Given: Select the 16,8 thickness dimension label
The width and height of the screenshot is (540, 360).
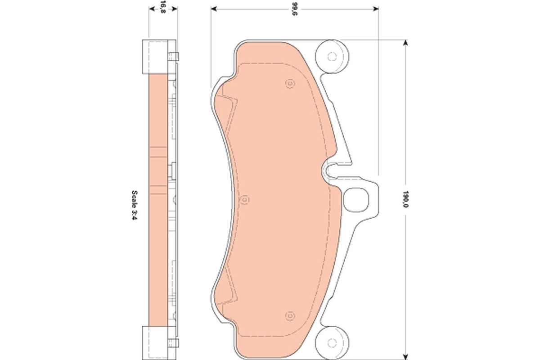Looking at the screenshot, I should click(162, 7).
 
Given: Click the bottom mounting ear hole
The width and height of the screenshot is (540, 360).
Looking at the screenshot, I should click(332, 340).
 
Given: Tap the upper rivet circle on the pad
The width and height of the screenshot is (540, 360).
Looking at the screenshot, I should click(289, 84).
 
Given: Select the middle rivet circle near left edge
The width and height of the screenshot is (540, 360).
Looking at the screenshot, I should click(245, 199).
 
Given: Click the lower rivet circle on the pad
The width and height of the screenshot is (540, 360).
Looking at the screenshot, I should click(289, 315).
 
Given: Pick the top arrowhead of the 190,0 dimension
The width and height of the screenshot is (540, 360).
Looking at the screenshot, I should click(406, 43).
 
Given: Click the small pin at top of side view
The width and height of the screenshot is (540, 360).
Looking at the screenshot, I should click(174, 56).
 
